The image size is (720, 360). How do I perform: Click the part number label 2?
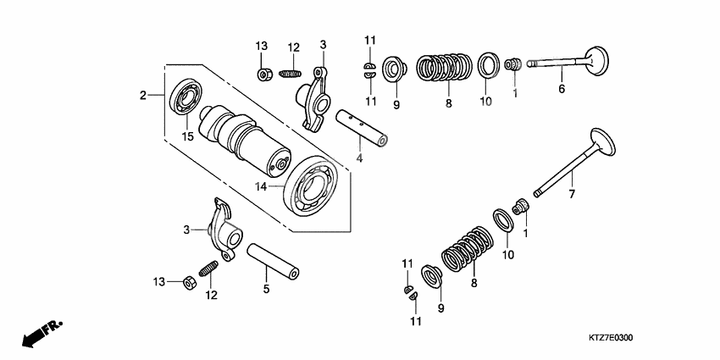143,96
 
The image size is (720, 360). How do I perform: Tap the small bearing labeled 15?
185,98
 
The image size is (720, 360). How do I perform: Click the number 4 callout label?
360,158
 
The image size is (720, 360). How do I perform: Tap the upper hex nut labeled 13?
265,75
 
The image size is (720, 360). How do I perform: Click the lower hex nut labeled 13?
191,280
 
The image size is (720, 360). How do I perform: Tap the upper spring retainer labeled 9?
393,68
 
